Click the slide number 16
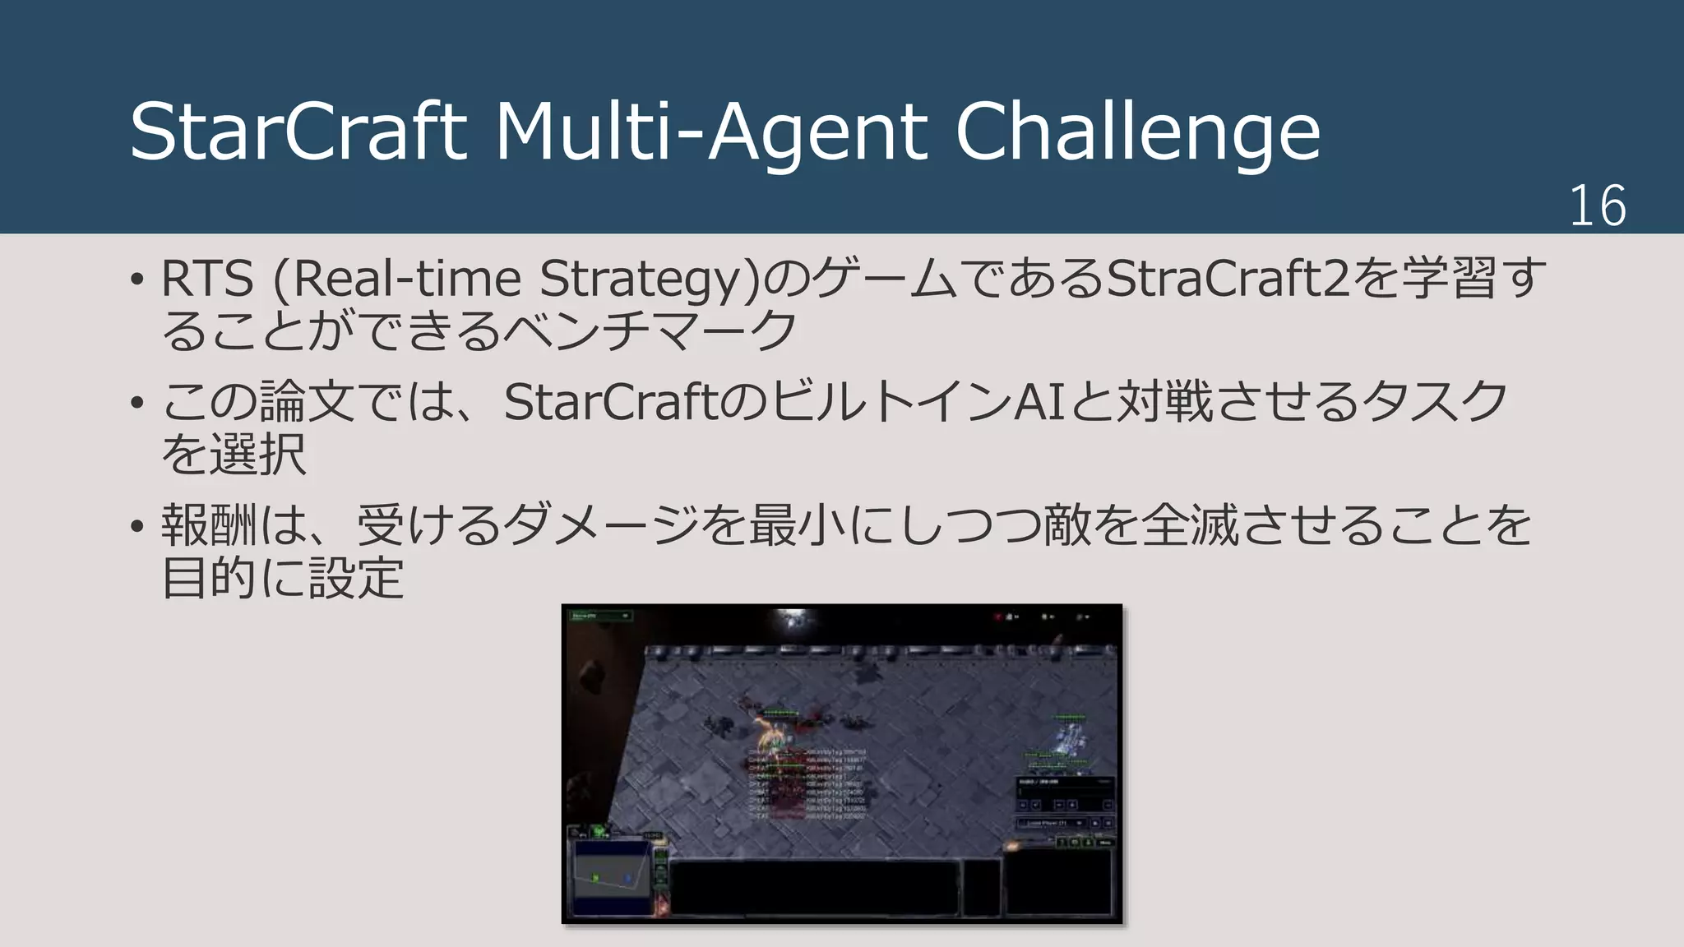click(x=1597, y=206)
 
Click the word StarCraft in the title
click(x=298, y=132)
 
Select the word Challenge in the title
click(x=1137, y=132)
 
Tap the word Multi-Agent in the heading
click(x=711, y=132)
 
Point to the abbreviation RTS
click(x=207, y=278)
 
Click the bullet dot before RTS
click(x=137, y=279)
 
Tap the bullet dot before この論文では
click(x=137, y=403)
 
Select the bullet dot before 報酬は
click(x=137, y=526)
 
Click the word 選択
click(x=257, y=454)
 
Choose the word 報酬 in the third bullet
click(x=210, y=525)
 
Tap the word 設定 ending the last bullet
click(x=356, y=577)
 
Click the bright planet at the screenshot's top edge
click(x=794, y=621)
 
